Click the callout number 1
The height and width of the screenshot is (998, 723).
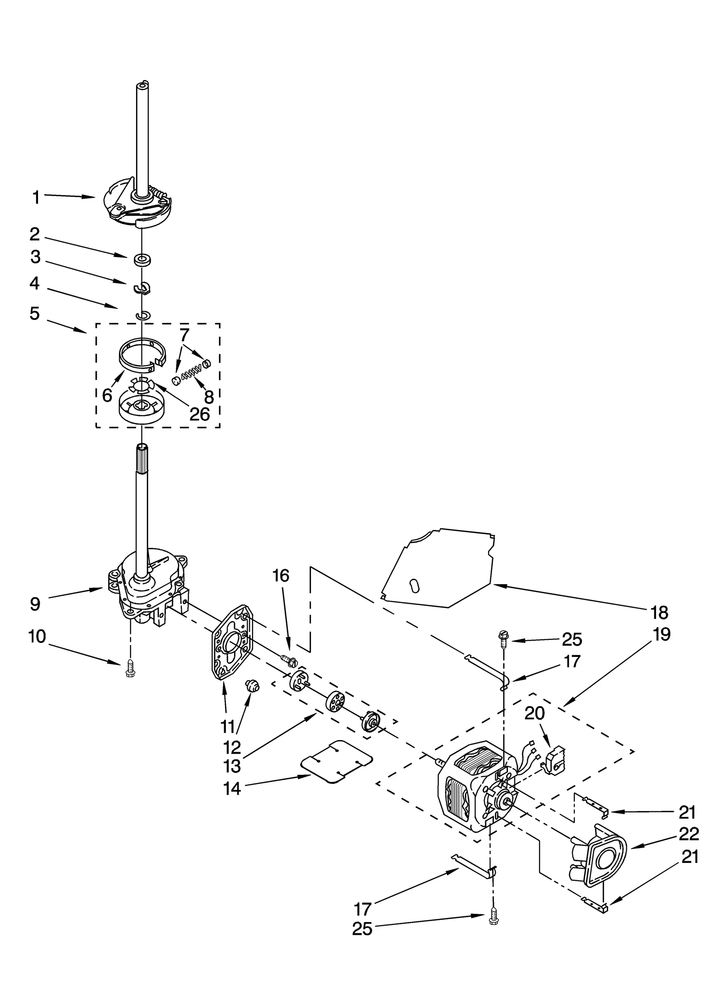coord(36,197)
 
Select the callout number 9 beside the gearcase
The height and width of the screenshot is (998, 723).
coord(35,604)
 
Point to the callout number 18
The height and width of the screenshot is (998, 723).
coord(659,613)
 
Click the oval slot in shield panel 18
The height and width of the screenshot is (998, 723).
coord(413,585)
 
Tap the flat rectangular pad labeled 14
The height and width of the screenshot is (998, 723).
coord(337,761)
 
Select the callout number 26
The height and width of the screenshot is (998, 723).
coord(199,414)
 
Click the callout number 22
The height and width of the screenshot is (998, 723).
coord(689,833)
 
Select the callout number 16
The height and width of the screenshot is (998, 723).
coord(280,576)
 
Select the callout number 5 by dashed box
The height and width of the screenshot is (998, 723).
coord(35,314)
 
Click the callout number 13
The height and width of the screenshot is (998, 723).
coord(232,765)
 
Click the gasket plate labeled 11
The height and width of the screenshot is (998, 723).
coord(230,642)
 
